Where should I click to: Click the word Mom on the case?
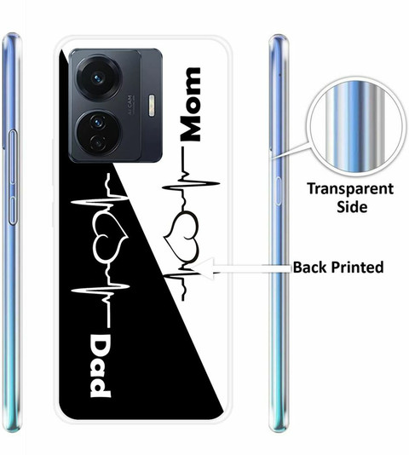point(190,104)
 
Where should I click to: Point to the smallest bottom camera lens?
point(98,142)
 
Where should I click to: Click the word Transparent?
point(350,188)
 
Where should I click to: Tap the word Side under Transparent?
point(352,206)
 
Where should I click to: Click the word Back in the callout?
point(310,267)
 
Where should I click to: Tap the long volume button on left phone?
point(12,157)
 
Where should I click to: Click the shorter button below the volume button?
point(12,210)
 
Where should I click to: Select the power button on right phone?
point(279,191)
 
